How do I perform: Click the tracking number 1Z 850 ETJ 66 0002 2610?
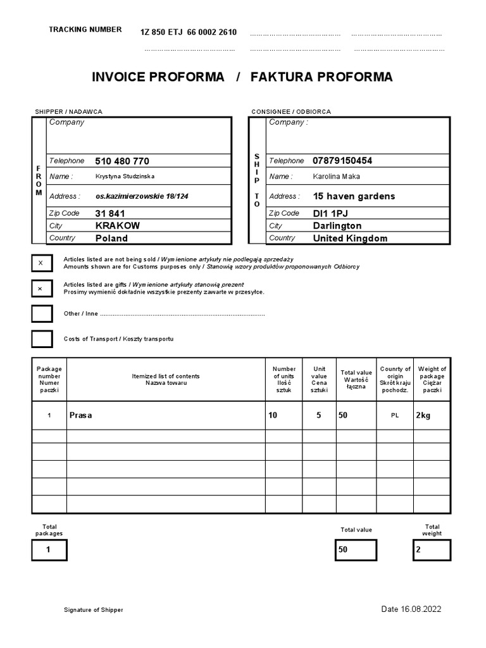[x=188, y=32]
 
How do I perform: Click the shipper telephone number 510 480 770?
[x=122, y=161]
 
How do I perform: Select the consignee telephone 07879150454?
[x=342, y=161]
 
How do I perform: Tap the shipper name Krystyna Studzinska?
[x=125, y=177]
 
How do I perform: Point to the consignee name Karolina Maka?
[x=336, y=177]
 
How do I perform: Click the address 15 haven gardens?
[x=354, y=196]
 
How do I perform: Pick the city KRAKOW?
[x=118, y=225]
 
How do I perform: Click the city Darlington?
[x=337, y=226]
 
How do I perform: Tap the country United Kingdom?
[x=350, y=239]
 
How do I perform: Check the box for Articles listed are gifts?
[x=42, y=289]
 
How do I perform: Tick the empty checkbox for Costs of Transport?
[x=42, y=339]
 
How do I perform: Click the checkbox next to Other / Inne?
[x=42, y=314]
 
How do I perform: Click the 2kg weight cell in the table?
[x=423, y=416]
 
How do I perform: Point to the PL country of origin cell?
[x=395, y=416]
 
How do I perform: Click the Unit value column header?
[x=320, y=379]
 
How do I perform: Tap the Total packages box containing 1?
[x=48, y=550]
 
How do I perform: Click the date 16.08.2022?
[x=411, y=609]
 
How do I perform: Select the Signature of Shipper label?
[x=93, y=610]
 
